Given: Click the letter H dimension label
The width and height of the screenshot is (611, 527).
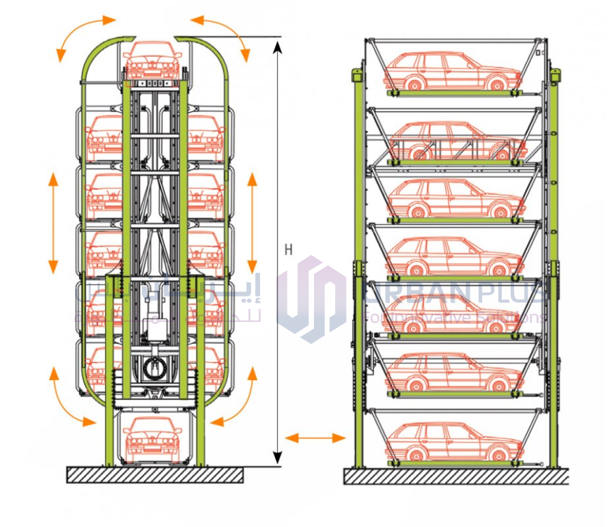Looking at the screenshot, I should point(288,250).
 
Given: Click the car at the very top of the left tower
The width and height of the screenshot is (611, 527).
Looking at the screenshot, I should point(154,60).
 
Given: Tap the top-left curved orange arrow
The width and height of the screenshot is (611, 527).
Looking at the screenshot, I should point(83,34).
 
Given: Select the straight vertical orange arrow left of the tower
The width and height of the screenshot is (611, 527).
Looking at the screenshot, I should point(53,223).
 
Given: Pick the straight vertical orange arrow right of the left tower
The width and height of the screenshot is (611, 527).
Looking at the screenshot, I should point(252,223).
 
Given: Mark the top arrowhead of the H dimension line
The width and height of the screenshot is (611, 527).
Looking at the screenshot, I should point(277,46).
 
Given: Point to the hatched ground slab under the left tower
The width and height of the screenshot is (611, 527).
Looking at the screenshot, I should point(155,474).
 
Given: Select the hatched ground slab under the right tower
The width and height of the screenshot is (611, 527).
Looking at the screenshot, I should point(456,476).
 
